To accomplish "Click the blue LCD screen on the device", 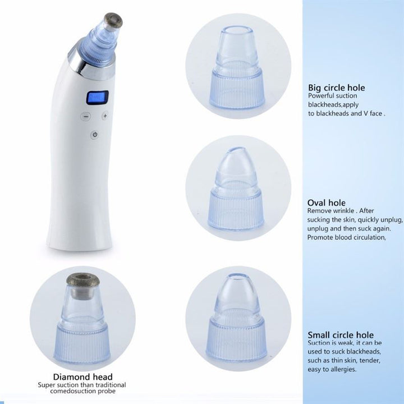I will [97, 98].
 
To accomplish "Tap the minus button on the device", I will [85, 117].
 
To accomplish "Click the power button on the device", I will [94, 135].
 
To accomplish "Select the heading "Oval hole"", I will [327, 203].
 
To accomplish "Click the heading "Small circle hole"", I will [341, 335].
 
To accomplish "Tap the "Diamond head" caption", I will [82, 377].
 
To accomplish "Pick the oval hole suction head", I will [237, 191].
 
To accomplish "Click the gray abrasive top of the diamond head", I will [84, 278].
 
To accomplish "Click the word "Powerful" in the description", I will [321, 96].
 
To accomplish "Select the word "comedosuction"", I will [61, 392].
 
